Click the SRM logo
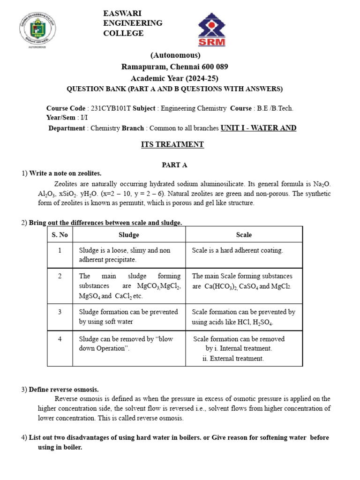pyautogui.click(x=211, y=30)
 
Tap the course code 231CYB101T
pyautogui.click(x=111, y=108)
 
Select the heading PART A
pyautogui.click(x=174, y=165)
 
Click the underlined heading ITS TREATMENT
pyautogui.click(x=172, y=144)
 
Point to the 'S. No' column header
pyautogui.click(x=60, y=235)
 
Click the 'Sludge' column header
pyautogui.click(x=129, y=235)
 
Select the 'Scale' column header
pyautogui.click(x=244, y=235)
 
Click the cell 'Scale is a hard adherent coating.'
pyautogui.click(x=238, y=250)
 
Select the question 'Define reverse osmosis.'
pyautogui.click(x=64, y=390)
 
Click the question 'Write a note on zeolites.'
pyautogui.click(x=65, y=173)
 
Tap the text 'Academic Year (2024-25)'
pyautogui.click(x=174, y=78)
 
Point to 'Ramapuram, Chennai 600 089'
pyautogui.click(x=174, y=67)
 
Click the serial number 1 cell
pyautogui.click(x=60, y=250)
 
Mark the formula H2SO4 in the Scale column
pyautogui.click(x=263, y=322)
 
